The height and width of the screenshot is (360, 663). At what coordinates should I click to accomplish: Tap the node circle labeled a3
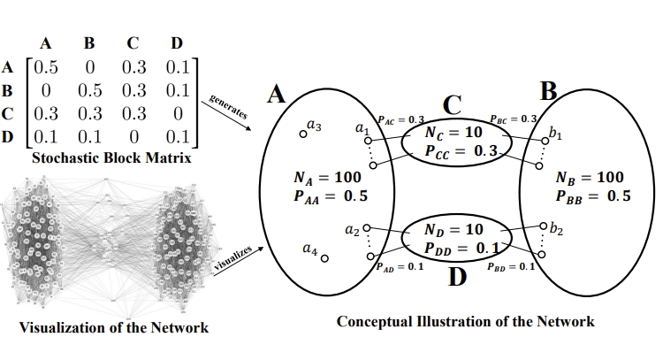tap(302, 134)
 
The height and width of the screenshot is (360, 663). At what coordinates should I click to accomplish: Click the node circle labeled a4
tap(324, 258)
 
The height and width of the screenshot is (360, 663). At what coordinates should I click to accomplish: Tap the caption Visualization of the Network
tap(114, 328)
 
